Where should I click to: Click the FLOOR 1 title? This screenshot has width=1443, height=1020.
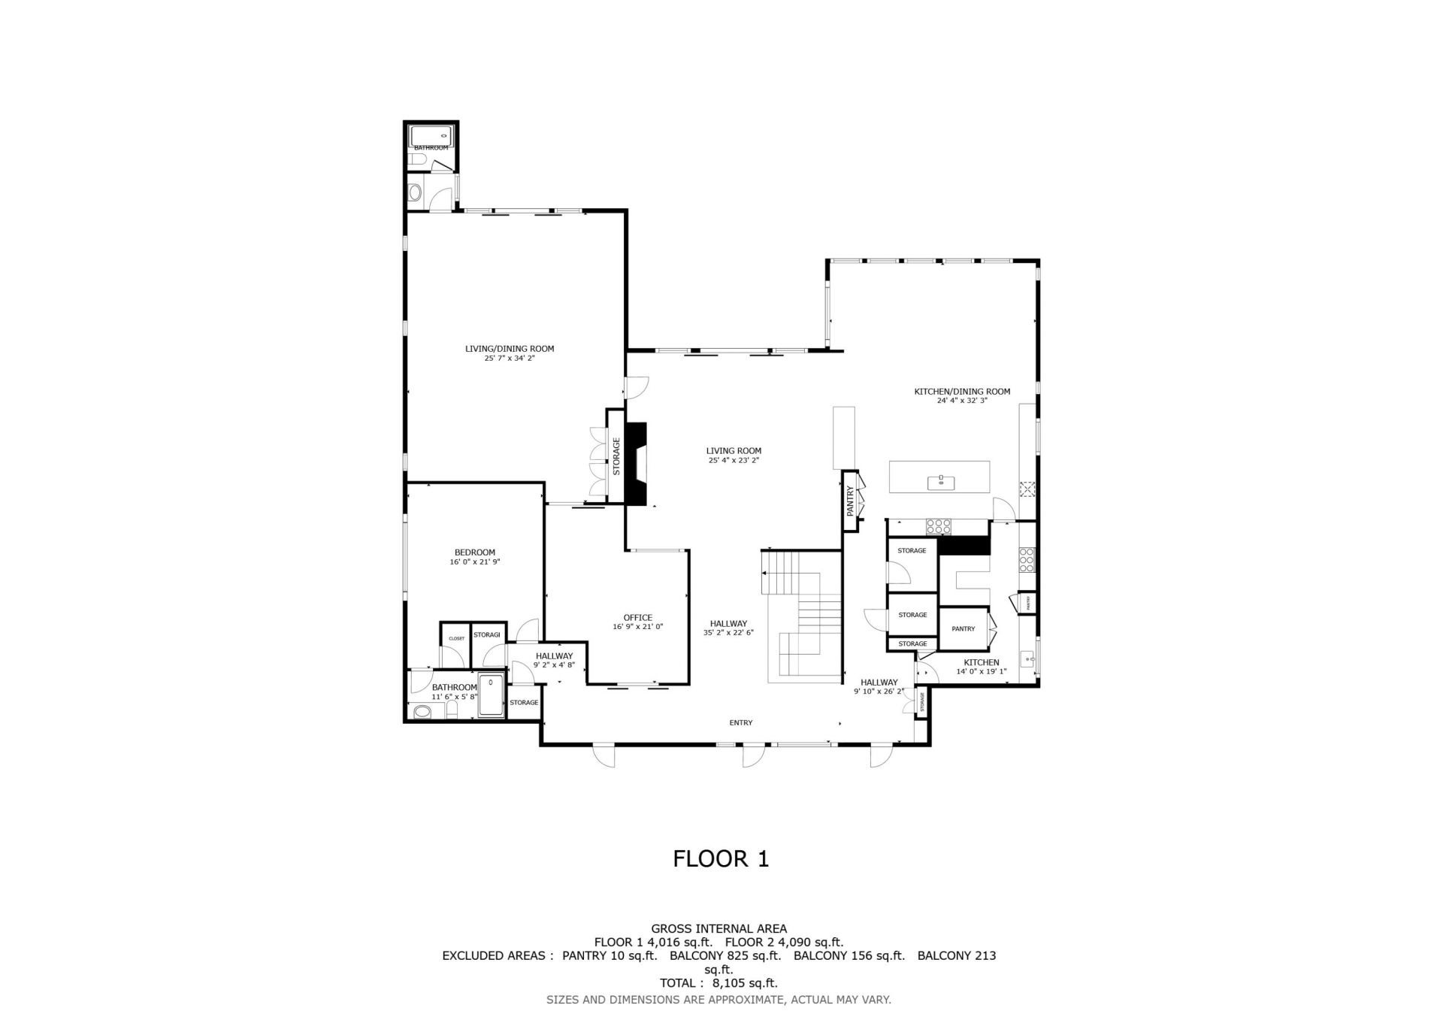721,859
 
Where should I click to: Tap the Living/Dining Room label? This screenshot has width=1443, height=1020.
510,349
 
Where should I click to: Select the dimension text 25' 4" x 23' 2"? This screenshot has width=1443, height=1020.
734,461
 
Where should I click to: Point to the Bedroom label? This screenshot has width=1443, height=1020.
475,552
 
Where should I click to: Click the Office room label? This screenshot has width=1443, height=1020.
638,618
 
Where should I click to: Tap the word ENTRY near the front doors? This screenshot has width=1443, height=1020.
740,723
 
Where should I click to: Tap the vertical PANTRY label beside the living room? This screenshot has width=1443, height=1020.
850,501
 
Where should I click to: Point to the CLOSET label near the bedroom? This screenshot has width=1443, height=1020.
456,639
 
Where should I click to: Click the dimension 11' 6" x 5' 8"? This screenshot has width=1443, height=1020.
455,697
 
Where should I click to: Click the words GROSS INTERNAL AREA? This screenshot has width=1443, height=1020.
718,929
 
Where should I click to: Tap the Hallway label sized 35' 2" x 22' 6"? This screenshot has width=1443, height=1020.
728,624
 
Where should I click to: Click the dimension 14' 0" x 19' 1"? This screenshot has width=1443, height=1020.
982,671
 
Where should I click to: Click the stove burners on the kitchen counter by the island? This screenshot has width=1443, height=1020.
938,525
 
